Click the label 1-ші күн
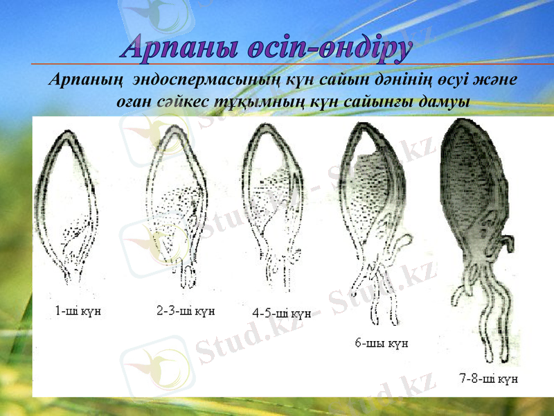click(x=78, y=311)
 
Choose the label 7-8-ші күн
click(x=489, y=379)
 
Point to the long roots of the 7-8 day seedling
click(x=485, y=312)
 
